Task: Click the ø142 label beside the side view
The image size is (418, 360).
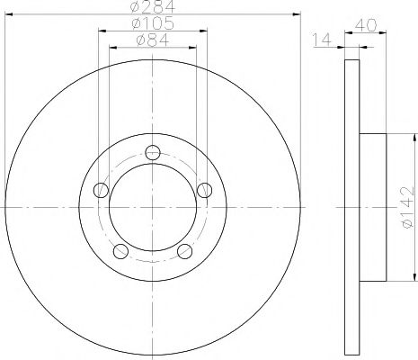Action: pos(407,207)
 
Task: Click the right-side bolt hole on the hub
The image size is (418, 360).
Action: pos(205,189)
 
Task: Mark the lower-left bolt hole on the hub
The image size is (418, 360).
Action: pos(121,251)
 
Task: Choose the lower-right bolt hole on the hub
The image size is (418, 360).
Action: pos(185,251)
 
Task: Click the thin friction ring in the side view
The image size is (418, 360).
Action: pos(351,207)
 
